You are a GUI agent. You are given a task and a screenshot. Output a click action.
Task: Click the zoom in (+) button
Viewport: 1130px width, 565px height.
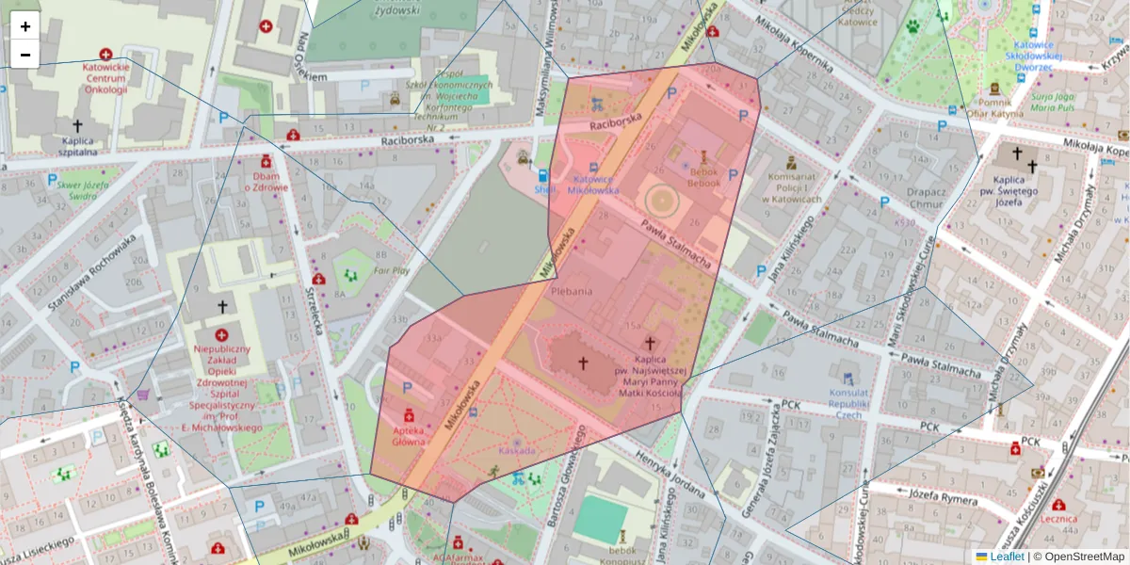tap(25, 26)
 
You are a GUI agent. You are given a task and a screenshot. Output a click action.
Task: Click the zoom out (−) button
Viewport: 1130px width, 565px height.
tap(25, 55)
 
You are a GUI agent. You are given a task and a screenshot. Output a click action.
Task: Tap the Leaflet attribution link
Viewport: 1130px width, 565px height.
tap(1005, 557)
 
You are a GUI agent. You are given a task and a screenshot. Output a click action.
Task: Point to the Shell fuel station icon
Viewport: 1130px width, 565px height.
tap(542, 175)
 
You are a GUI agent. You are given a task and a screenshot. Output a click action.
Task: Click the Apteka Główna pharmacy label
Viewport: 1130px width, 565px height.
tap(409, 435)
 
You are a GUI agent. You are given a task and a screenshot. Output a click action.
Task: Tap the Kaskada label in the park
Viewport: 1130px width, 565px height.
tap(517, 451)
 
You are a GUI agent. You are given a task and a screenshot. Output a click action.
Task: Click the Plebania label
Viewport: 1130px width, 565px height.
tap(572, 291)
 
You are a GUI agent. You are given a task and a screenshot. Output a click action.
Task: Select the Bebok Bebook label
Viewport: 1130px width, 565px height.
tap(702, 177)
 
